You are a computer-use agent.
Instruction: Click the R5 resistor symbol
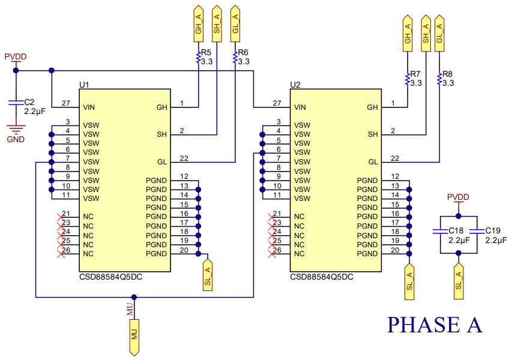click(199, 57)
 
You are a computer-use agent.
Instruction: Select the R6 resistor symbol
click(235, 57)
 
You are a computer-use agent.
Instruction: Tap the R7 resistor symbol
click(408, 79)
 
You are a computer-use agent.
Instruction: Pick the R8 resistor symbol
click(439, 79)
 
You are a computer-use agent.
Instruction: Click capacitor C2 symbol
click(16, 103)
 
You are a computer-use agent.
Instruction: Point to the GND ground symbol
click(16, 128)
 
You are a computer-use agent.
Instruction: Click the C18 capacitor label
click(456, 230)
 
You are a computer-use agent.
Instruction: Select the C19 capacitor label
click(493, 230)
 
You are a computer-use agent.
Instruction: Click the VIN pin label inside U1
click(89, 107)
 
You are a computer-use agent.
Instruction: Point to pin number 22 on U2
click(395, 158)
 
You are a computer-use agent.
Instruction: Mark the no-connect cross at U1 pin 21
click(60, 217)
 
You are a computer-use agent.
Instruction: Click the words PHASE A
click(435, 325)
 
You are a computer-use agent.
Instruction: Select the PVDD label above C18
click(458, 197)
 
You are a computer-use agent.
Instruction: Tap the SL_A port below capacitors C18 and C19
click(459, 279)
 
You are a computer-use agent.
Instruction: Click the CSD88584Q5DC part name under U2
click(322, 278)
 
